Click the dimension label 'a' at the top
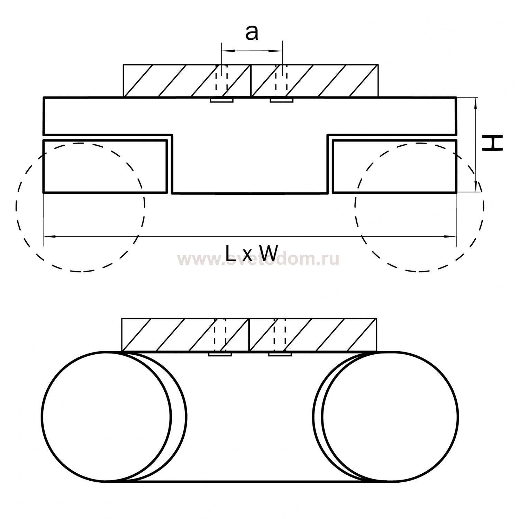click(x=252, y=33)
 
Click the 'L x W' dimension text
click(x=252, y=253)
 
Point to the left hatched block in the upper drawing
click(x=187, y=81)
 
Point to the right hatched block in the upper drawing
click(x=314, y=81)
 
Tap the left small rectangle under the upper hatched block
click(x=222, y=100)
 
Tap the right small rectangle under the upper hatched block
click(x=282, y=100)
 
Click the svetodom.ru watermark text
click(x=258, y=259)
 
